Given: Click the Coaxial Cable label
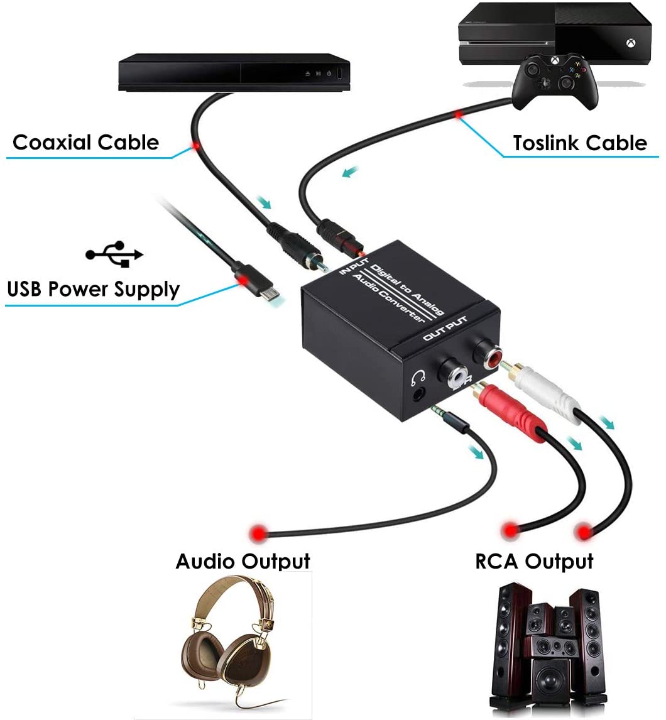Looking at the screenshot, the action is point(86,143).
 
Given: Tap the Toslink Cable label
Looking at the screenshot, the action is point(580,143).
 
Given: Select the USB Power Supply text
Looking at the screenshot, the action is point(93,289).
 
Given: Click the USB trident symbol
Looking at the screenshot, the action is point(114,254).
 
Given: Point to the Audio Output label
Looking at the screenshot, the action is point(243,561).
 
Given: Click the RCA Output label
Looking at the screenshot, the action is point(534,561).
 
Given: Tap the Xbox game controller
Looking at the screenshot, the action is point(555,82).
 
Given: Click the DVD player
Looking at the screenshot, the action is point(234,72).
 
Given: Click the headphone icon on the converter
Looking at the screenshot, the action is point(418,377).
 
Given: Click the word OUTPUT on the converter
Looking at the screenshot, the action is point(445,329).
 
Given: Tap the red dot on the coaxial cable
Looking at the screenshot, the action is point(196,146).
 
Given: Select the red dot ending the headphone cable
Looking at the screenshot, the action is point(258,533).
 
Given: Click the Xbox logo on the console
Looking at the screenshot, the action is point(631,43).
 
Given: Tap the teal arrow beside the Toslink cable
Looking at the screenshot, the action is point(350,172).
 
